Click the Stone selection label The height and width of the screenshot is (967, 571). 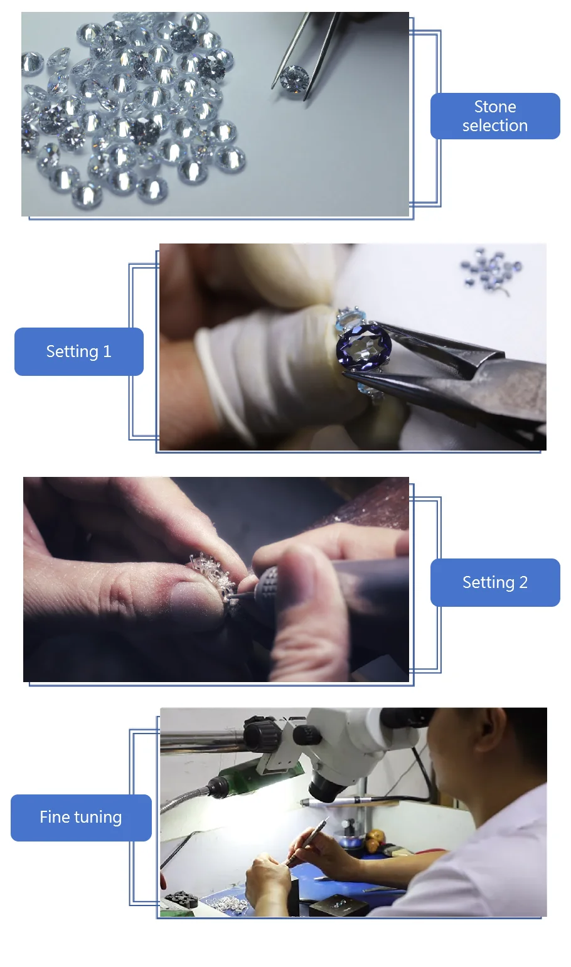pyautogui.click(x=494, y=115)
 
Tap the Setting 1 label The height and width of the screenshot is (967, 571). pyautogui.click(x=79, y=351)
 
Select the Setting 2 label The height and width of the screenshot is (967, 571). pyautogui.click(x=495, y=582)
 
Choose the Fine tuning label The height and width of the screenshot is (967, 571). pyautogui.click(x=81, y=818)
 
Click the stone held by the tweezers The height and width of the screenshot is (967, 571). pyautogui.click(x=294, y=78)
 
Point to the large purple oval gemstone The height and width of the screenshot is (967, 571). pyautogui.click(x=364, y=346)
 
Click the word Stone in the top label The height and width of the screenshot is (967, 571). pyautogui.click(x=495, y=106)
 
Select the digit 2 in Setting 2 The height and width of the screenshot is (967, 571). pyautogui.click(x=523, y=582)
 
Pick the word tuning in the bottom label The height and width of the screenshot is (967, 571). pyautogui.click(x=98, y=818)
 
